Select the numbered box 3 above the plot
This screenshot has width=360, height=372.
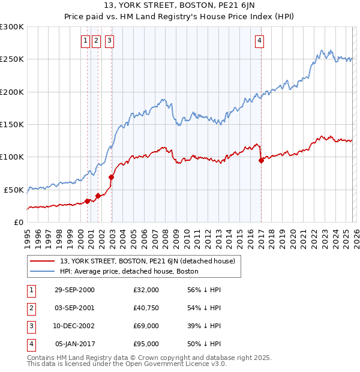tap(110, 41)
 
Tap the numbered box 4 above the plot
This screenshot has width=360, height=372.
tap(259, 41)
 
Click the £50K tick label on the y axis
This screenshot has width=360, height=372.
tap(14, 190)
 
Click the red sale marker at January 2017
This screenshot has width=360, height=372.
tap(261, 160)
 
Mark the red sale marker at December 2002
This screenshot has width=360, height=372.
tap(111, 177)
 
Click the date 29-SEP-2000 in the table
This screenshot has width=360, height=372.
tap(74, 290)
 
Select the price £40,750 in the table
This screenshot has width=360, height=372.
tap(146, 308)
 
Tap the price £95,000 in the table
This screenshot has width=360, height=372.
tap(146, 344)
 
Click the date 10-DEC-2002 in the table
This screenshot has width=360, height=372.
tap(74, 326)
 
